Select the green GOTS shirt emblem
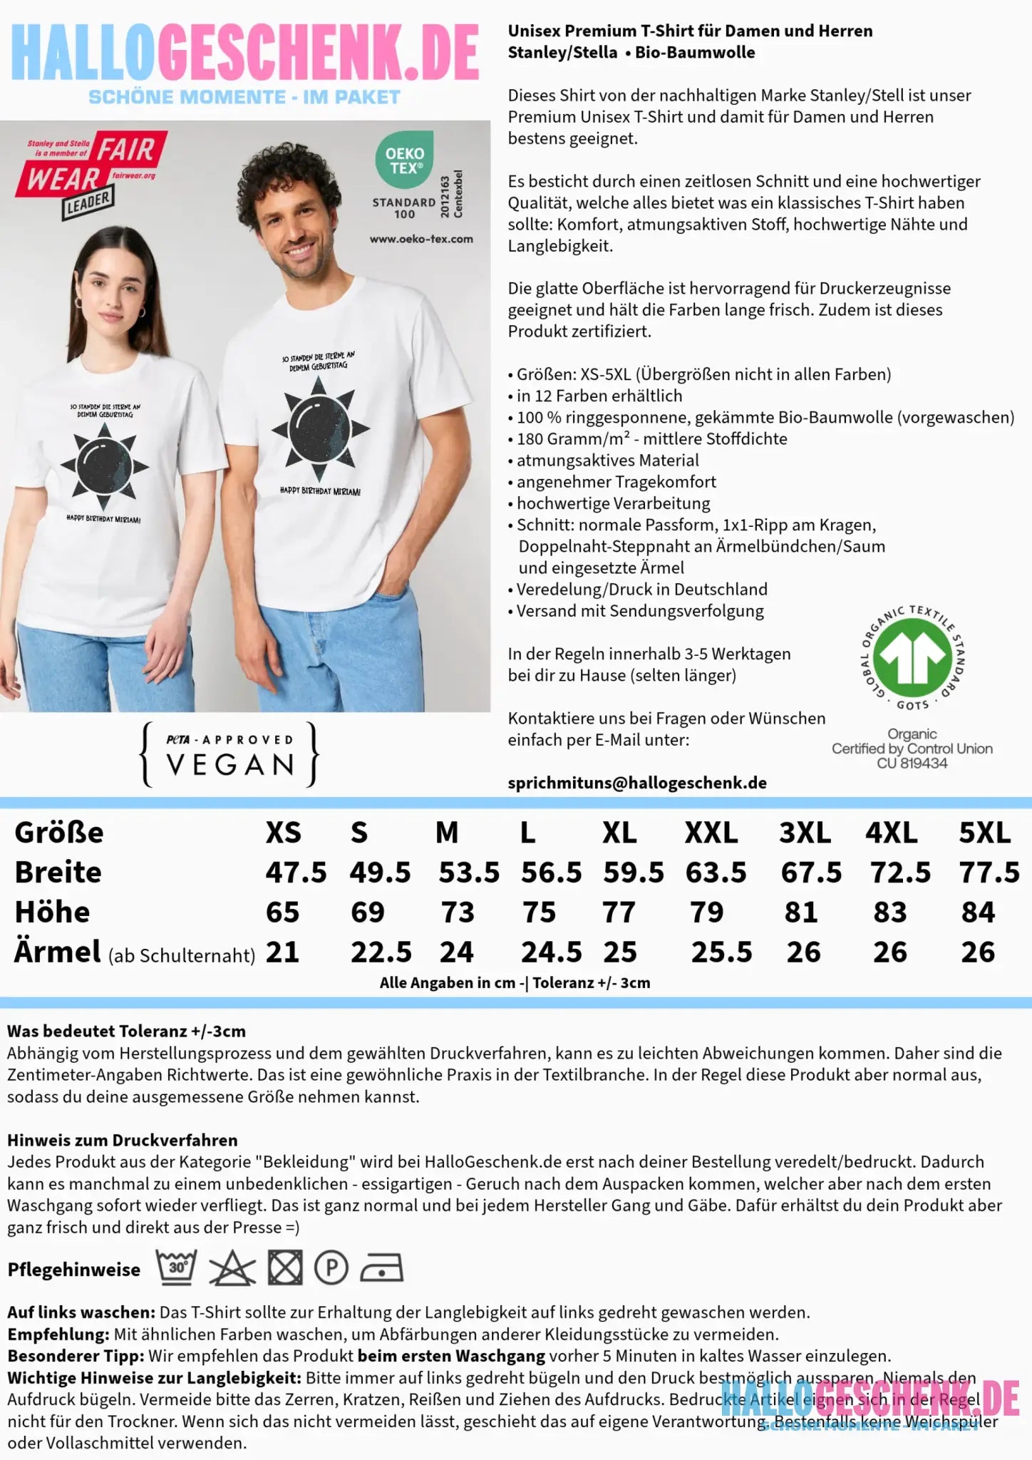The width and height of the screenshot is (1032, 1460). (x=912, y=657)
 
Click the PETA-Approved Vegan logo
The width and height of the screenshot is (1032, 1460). (x=229, y=755)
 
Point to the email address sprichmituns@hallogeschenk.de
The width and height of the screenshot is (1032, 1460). (x=637, y=783)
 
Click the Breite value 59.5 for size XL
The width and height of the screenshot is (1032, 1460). (x=634, y=873)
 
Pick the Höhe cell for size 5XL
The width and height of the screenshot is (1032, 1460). (x=977, y=912)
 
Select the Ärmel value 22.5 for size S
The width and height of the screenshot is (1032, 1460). (x=381, y=952)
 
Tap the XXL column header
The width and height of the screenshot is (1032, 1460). (x=711, y=833)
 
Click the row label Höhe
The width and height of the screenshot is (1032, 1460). (x=52, y=912)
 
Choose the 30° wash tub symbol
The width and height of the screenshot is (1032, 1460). (x=176, y=1268)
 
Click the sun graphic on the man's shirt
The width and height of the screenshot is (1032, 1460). (x=320, y=428)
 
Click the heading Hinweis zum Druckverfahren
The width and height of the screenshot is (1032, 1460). (x=123, y=1141)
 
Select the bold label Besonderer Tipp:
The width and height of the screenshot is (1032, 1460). (x=76, y=1356)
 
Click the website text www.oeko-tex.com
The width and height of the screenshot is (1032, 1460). (x=421, y=239)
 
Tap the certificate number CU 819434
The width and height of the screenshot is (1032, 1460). (x=912, y=764)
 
